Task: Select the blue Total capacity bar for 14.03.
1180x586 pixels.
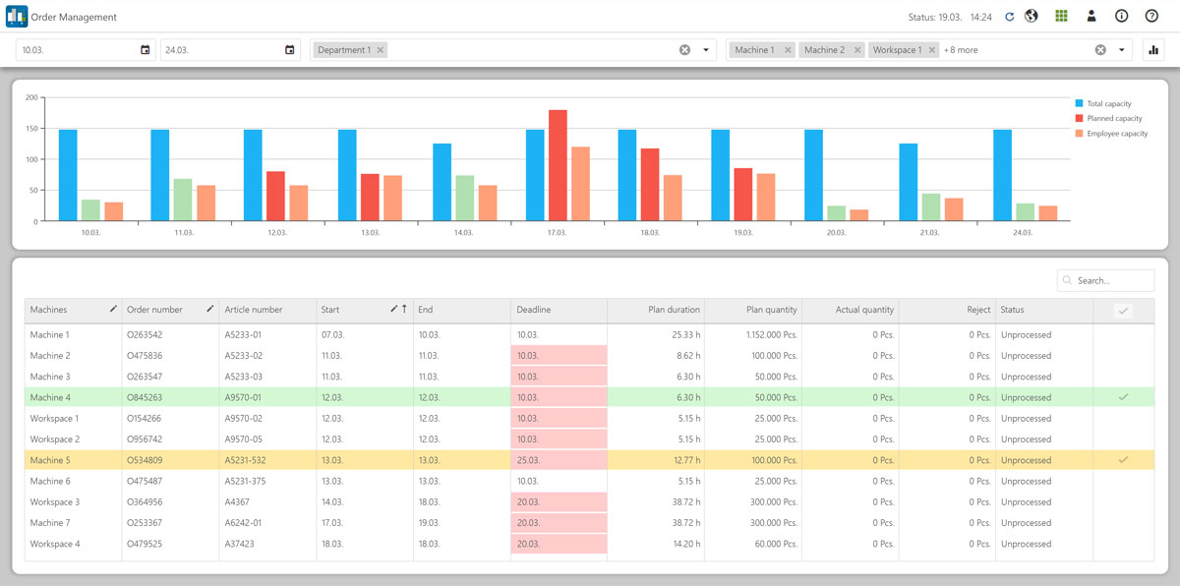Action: coord(442,182)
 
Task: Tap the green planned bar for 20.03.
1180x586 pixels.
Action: coord(837,213)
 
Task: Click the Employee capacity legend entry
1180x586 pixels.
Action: coord(1116,134)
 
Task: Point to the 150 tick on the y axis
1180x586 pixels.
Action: coord(31,129)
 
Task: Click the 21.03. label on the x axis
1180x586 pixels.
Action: coord(929,233)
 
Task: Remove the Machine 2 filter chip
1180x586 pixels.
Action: coord(857,50)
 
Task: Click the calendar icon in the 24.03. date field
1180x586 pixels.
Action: coord(289,50)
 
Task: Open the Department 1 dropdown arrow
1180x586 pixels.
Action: coord(706,50)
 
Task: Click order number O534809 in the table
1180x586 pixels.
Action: coord(145,460)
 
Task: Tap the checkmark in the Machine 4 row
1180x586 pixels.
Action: coord(1123,397)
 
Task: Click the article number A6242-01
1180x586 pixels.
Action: coord(245,523)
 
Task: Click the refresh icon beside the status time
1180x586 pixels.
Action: coord(1009,17)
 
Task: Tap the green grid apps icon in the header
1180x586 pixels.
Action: coord(1061,17)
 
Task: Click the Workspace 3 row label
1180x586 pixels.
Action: coord(55,502)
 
